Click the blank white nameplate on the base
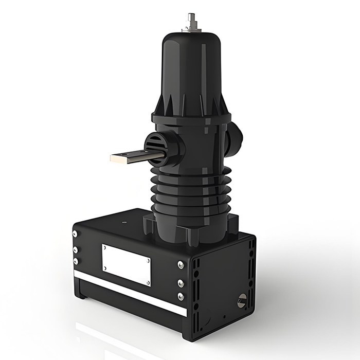(x=127, y=264)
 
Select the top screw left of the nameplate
(x=76, y=234)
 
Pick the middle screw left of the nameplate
(x=76, y=249)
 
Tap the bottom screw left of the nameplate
(x=76, y=261)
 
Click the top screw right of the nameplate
(x=181, y=264)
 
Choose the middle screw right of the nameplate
(x=181, y=282)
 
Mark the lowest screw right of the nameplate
(x=181, y=296)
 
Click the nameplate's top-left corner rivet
(x=105, y=247)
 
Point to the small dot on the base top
(x=124, y=222)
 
